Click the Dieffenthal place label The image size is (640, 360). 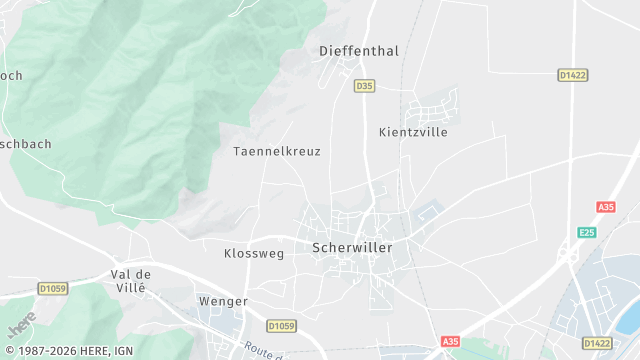pyautogui.click(x=358, y=50)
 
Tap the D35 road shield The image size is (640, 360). pyautogui.click(x=364, y=86)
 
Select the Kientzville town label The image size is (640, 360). pyautogui.click(x=413, y=132)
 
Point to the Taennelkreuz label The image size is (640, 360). pyautogui.click(x=276, y=151)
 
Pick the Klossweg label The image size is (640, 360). pyautogui.click(x=254, y=254)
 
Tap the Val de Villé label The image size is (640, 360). pyautogui.click(x=130, y=280)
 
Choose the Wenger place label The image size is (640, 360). pyautogui.click(x=222, y=300)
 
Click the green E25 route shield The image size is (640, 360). pyautogui.click(x=587, y=232)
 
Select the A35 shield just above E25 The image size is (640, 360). pyautogui.click(x=605, y=207)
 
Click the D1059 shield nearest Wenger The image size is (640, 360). pyautogui.click(x=282, y=326)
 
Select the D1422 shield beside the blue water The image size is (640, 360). pyautogui.click(x=597, y=343)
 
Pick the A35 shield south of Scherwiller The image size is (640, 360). pyautogui.click(x=451, y=341)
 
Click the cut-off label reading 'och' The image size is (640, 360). pyautogui.click(x=11, y=75)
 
